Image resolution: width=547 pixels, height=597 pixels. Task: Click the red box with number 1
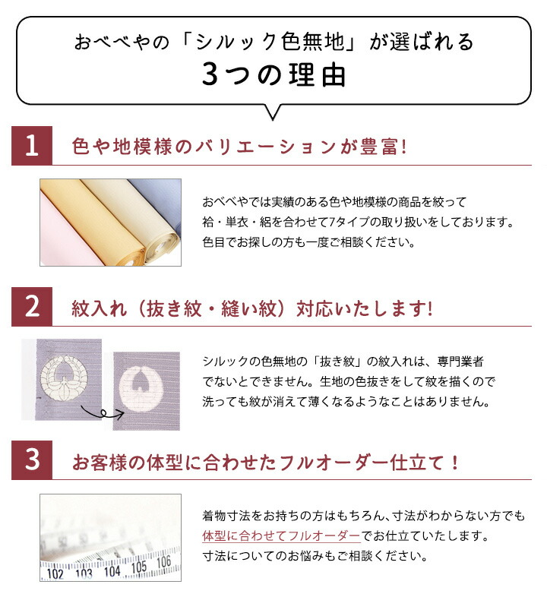click(32, 146)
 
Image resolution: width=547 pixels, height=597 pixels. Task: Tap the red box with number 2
click(32, 308)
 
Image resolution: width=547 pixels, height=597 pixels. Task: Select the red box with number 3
click(32, 461)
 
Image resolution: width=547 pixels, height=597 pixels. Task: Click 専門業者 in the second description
click(466, 361)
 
